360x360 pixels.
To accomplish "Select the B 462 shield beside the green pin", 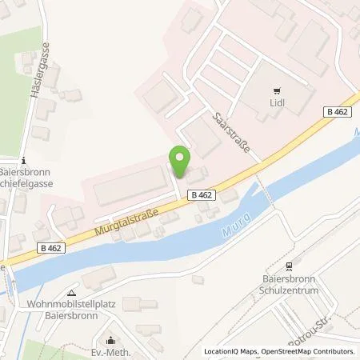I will [x=202, y=194].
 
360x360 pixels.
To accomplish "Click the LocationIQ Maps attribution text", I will [x=230, y=351].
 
